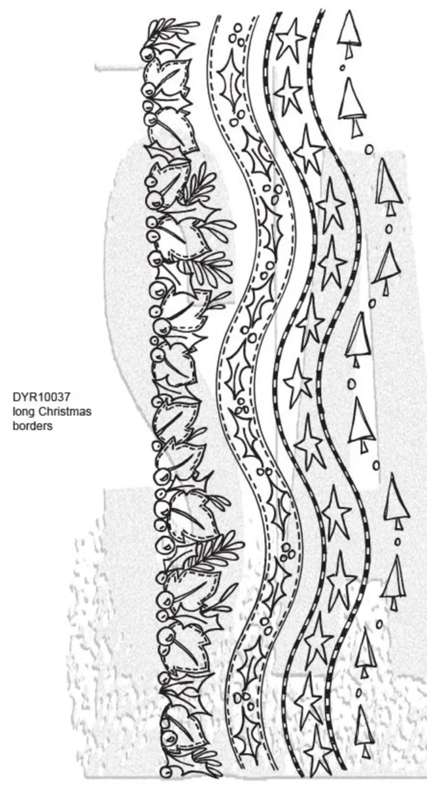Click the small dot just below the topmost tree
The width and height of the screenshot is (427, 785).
(x=341, y=67)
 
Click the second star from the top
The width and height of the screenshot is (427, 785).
(x=288, y=92)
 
